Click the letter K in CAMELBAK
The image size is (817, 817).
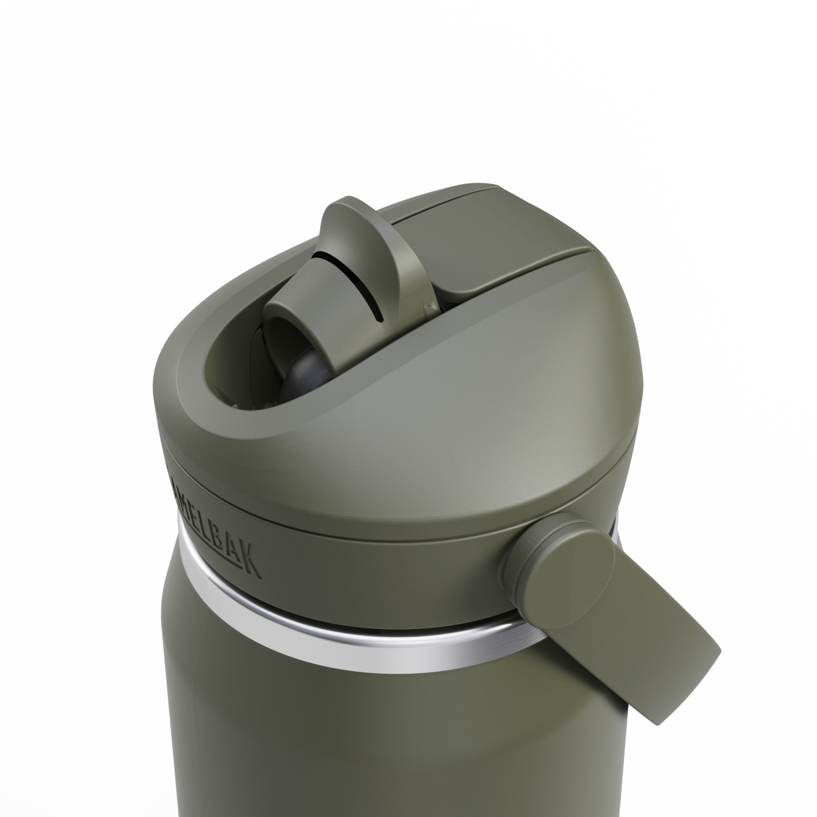tap(252, 562)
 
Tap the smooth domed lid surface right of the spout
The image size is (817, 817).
tap(490, 354)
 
